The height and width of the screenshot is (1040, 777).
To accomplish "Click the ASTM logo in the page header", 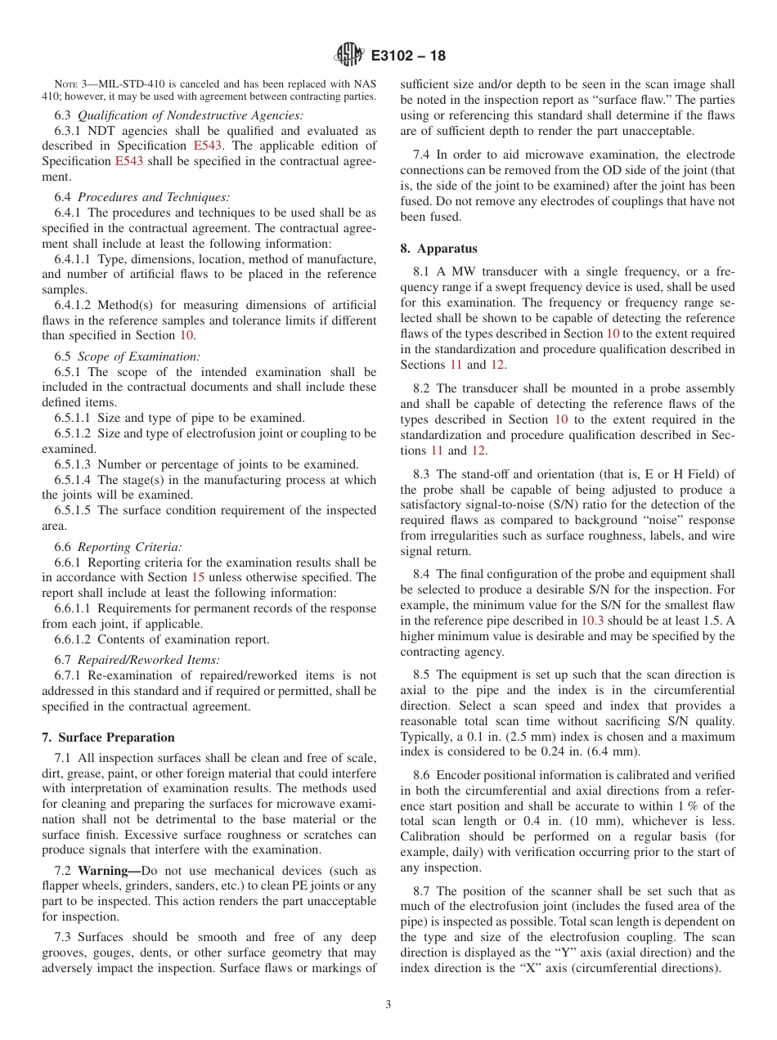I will pos(348,56).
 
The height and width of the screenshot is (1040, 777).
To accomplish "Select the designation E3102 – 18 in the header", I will pos(408,56).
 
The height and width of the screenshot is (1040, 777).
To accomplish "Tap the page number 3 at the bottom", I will pos(388,1005).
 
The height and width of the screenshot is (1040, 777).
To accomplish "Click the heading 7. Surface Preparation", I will pos(108,737).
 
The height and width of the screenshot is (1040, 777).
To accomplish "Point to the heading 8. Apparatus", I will pos(438,249).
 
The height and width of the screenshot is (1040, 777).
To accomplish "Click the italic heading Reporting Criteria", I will pos(129,547).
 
